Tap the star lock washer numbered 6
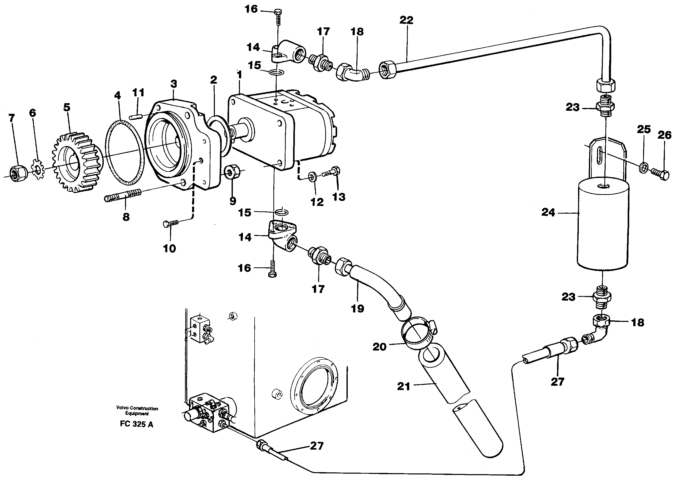pos(37,169)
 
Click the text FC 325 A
pos(136,424)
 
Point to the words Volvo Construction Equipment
pos(137,411)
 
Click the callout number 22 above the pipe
pos(406,20)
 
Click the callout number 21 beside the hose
pos(403,386)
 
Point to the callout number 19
pos(357,309)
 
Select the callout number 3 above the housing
pos(174,84)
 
